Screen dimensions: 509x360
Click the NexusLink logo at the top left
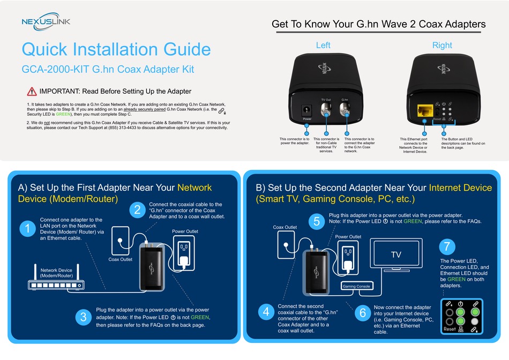coord(46,21)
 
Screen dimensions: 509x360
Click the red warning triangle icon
coord(32,92)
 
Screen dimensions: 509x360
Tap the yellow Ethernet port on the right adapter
coord(425,111)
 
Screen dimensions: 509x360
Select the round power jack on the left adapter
coord(306,110)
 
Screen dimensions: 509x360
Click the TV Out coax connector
coord(326,109)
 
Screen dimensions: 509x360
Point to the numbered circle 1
coord(27,229)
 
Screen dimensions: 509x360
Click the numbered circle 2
coord(137,209)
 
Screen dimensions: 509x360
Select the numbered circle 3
coord(84,317)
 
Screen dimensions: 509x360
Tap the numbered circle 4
coord(266,312)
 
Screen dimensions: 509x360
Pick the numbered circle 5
coord(317,221)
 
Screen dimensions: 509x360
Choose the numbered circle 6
coord(363,313)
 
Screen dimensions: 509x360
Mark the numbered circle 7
coord(447,246)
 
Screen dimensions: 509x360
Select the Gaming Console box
coord(356,286)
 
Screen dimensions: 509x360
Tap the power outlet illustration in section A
coord(184,253)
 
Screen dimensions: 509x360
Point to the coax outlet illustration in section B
coord(286,244)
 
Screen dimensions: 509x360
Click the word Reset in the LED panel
coord(450,329)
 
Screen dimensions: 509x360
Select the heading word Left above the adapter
coord(323,45)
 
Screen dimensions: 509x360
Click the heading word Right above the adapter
coord(442,46)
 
